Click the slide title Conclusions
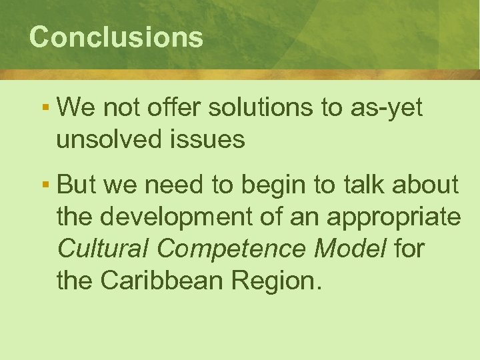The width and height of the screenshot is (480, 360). [116, 37]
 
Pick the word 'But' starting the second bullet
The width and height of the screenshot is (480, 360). [75, 185]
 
